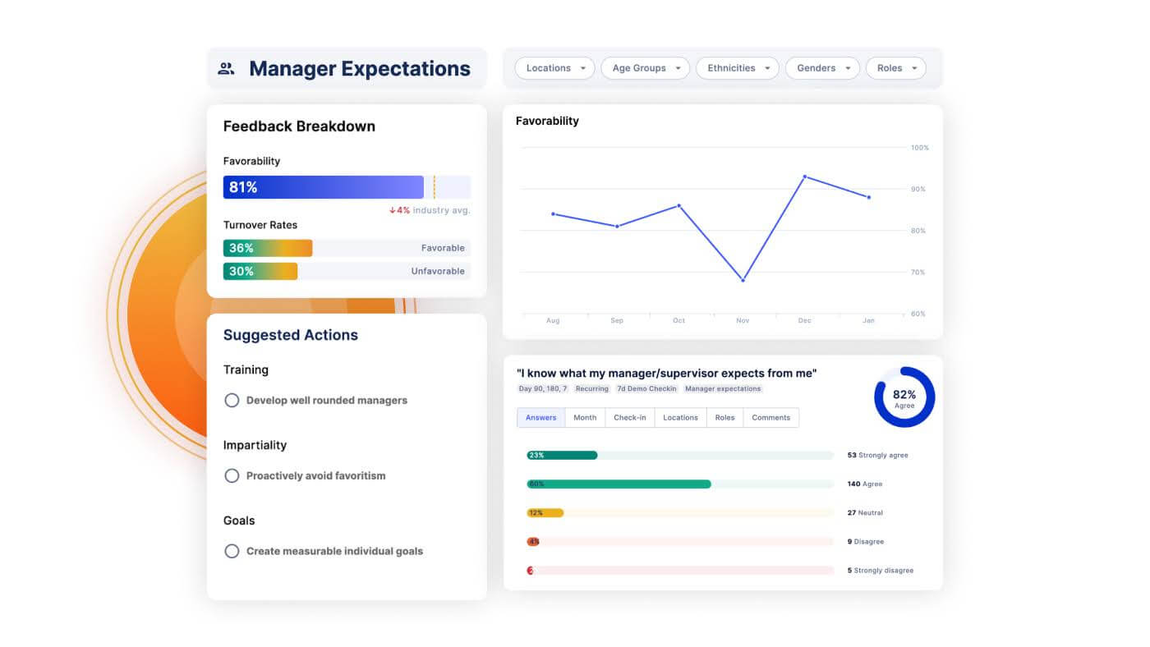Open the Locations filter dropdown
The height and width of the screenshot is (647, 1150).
point(554,68)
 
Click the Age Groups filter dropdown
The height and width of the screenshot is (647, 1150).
point(646,68)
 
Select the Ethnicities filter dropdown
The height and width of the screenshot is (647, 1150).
point(738,68)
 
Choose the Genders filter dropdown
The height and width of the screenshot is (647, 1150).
point(822,68)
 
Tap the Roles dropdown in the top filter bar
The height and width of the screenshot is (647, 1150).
point(895,68)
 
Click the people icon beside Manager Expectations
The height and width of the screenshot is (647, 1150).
point(226,69)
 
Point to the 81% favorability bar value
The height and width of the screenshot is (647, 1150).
point(243,187)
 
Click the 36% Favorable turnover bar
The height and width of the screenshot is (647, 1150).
point(268,248)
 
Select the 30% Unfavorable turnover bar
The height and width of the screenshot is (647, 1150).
point(260,271)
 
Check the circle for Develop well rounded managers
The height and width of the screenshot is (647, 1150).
point(232,401)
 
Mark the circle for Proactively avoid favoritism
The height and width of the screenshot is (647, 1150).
point(232,476)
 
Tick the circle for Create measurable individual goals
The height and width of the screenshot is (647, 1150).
point(232,552)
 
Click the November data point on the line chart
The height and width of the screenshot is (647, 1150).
point(743,280)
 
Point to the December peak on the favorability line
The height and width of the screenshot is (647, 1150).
point(804,177)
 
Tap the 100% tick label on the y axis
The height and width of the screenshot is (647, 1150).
point(919,148)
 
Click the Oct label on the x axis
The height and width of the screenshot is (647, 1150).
point(678,320)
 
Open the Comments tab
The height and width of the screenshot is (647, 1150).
point(770,418)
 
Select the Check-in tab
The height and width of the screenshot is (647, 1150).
point(629,418)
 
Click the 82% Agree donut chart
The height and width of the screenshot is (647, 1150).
point(904,397)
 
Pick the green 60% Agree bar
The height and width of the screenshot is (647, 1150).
point(619,484)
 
